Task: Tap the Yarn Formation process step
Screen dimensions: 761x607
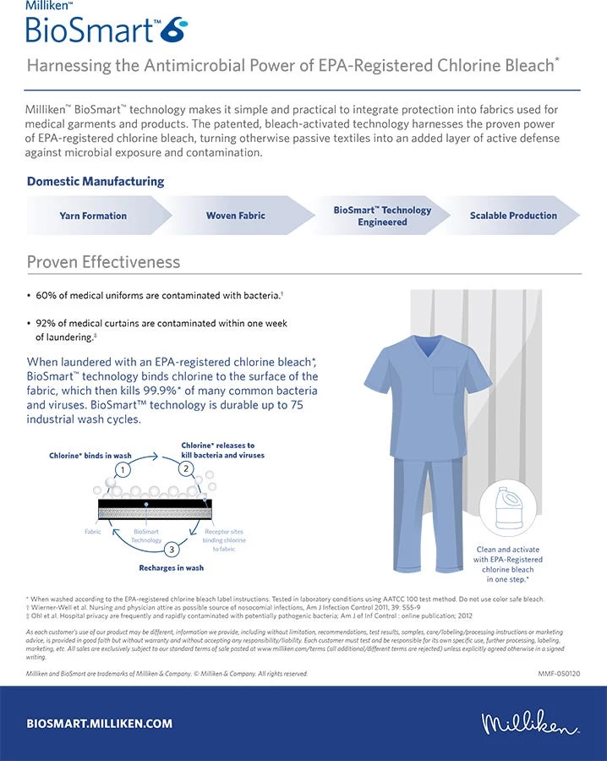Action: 93,216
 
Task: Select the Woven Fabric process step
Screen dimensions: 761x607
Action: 236,216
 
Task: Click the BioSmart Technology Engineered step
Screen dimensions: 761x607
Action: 382,216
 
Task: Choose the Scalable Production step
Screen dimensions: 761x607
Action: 513,216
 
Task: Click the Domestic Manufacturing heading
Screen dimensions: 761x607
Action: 96,182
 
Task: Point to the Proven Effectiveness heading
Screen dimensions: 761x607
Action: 103,262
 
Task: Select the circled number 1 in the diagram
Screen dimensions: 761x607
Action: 124,470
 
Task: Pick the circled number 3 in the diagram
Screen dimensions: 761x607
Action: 172,550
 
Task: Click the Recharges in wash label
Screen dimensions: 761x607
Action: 171,568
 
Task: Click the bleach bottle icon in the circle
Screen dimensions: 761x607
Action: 509,508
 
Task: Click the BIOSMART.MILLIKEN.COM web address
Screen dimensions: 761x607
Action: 100,724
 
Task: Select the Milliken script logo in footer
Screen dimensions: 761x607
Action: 530,724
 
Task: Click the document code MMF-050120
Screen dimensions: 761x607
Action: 558,674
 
